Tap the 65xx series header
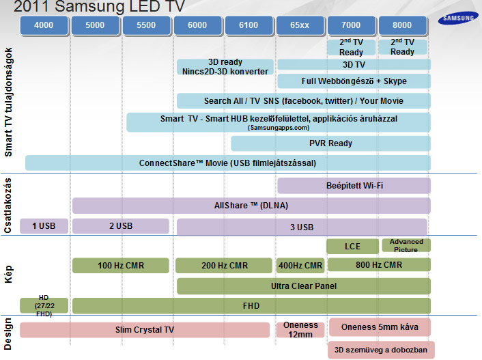tap(300, 26)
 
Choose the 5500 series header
tap(146, 26)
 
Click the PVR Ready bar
tap(330, 143)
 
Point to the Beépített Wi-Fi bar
tap(354, 185)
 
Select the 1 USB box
tap(44, 226)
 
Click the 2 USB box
tap(120, 226)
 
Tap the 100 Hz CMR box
tap(120, 265)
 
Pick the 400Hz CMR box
tap(300, 265)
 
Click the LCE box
tap(352, 246)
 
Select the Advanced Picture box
tap(406, 245)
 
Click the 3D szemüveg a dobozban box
tap(381, 349)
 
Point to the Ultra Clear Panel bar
tap(303, 286)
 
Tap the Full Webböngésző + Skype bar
tap(354, 81)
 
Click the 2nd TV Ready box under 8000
tap(402, 47)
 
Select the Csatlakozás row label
tap(9, 204)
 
